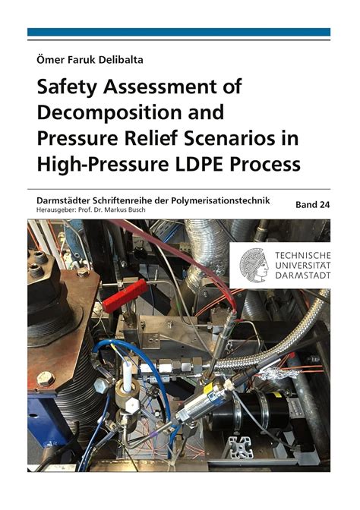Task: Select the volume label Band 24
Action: pos(311,205)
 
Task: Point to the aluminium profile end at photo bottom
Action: pos(242,448)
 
